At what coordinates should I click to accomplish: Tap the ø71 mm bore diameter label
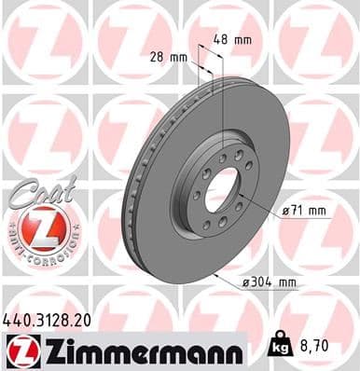click(x=305, y=211)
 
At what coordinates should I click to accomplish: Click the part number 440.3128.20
click(x=53, y=320)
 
